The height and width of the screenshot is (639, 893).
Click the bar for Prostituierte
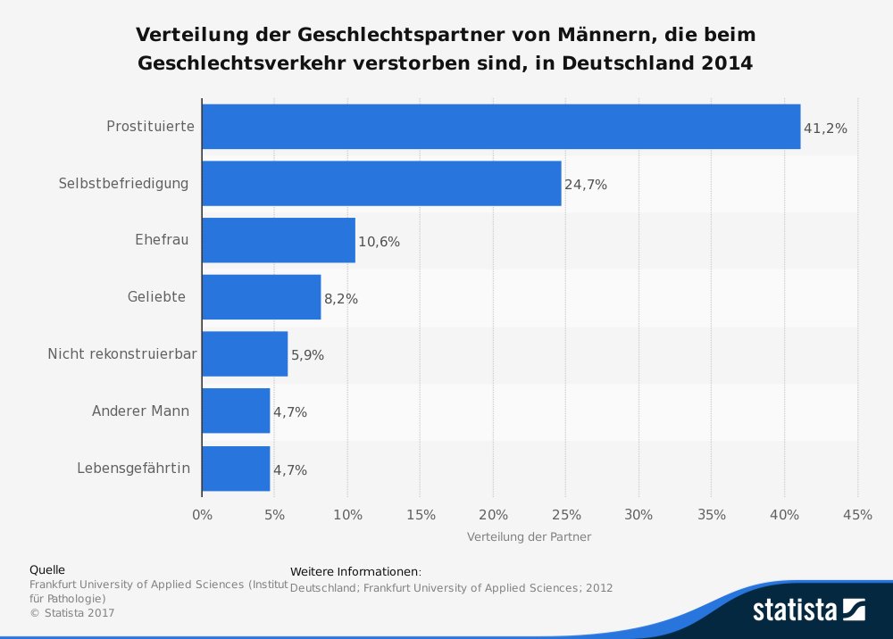[501, 127]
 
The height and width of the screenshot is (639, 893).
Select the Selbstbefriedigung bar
[381, 183]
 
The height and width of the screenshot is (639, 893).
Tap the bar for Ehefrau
[279, 240]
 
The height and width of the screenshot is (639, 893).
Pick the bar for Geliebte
[261, 297]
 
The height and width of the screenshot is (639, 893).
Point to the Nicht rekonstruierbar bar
[245, 354]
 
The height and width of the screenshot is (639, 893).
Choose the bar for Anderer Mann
[236, 411]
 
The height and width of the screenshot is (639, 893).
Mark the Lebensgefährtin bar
[236, 468]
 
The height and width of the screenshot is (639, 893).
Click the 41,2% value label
[825, 129]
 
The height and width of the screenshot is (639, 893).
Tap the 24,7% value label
[586, 185]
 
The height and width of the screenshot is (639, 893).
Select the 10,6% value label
[379, 242]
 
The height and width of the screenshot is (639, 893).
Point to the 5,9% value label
[307, 355]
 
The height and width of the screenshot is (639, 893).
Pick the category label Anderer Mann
[139, 411]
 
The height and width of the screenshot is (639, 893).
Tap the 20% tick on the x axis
[493, 515]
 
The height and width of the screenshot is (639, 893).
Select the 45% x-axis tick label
[857, 515]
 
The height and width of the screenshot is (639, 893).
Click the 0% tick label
[202, 515]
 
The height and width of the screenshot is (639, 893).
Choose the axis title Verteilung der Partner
[529, 537]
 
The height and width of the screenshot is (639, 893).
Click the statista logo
[808, 610]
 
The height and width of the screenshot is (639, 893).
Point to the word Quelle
[47, 569]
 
